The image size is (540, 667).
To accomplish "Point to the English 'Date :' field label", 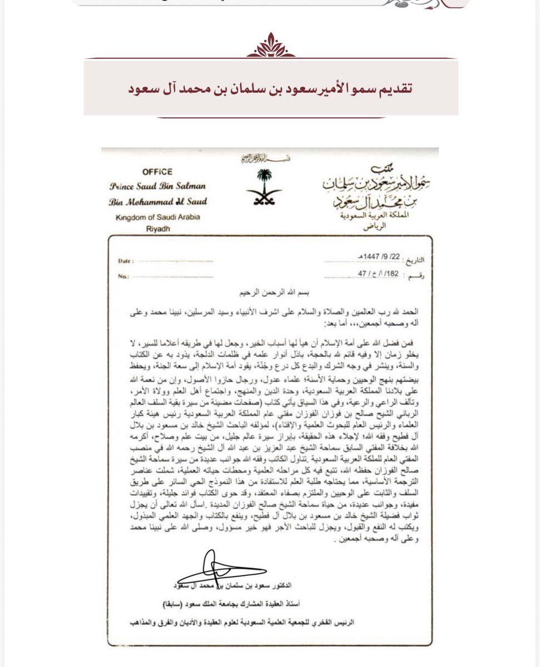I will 127,260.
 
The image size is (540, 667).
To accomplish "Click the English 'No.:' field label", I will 124,276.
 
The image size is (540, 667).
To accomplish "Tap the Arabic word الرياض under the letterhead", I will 365,227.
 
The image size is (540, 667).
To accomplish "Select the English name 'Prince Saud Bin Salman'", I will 156,186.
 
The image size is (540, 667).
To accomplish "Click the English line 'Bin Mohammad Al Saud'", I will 156,202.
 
